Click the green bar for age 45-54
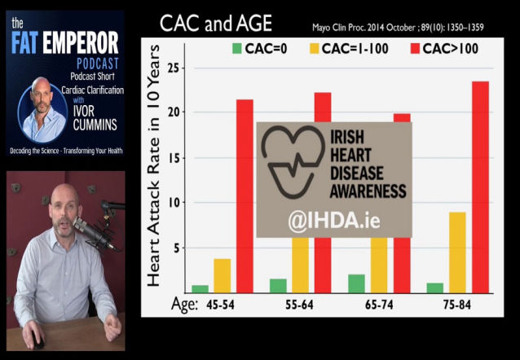(201, 289)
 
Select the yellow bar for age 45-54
(223, 276)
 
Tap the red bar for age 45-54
(245, 196)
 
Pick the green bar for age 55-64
(278, 286)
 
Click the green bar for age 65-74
(356, 283)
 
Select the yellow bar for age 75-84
(458, 252)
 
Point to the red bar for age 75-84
(481, 187)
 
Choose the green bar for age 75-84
(435, 288)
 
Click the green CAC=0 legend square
(237, 49)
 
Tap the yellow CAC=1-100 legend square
(314, 49)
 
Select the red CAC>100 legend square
(415, 49)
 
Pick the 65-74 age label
(379, 305)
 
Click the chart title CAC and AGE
(216, 23)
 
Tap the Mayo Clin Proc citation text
(398, 28)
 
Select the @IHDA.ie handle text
(334, 221)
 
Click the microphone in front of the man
(94, 233)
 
